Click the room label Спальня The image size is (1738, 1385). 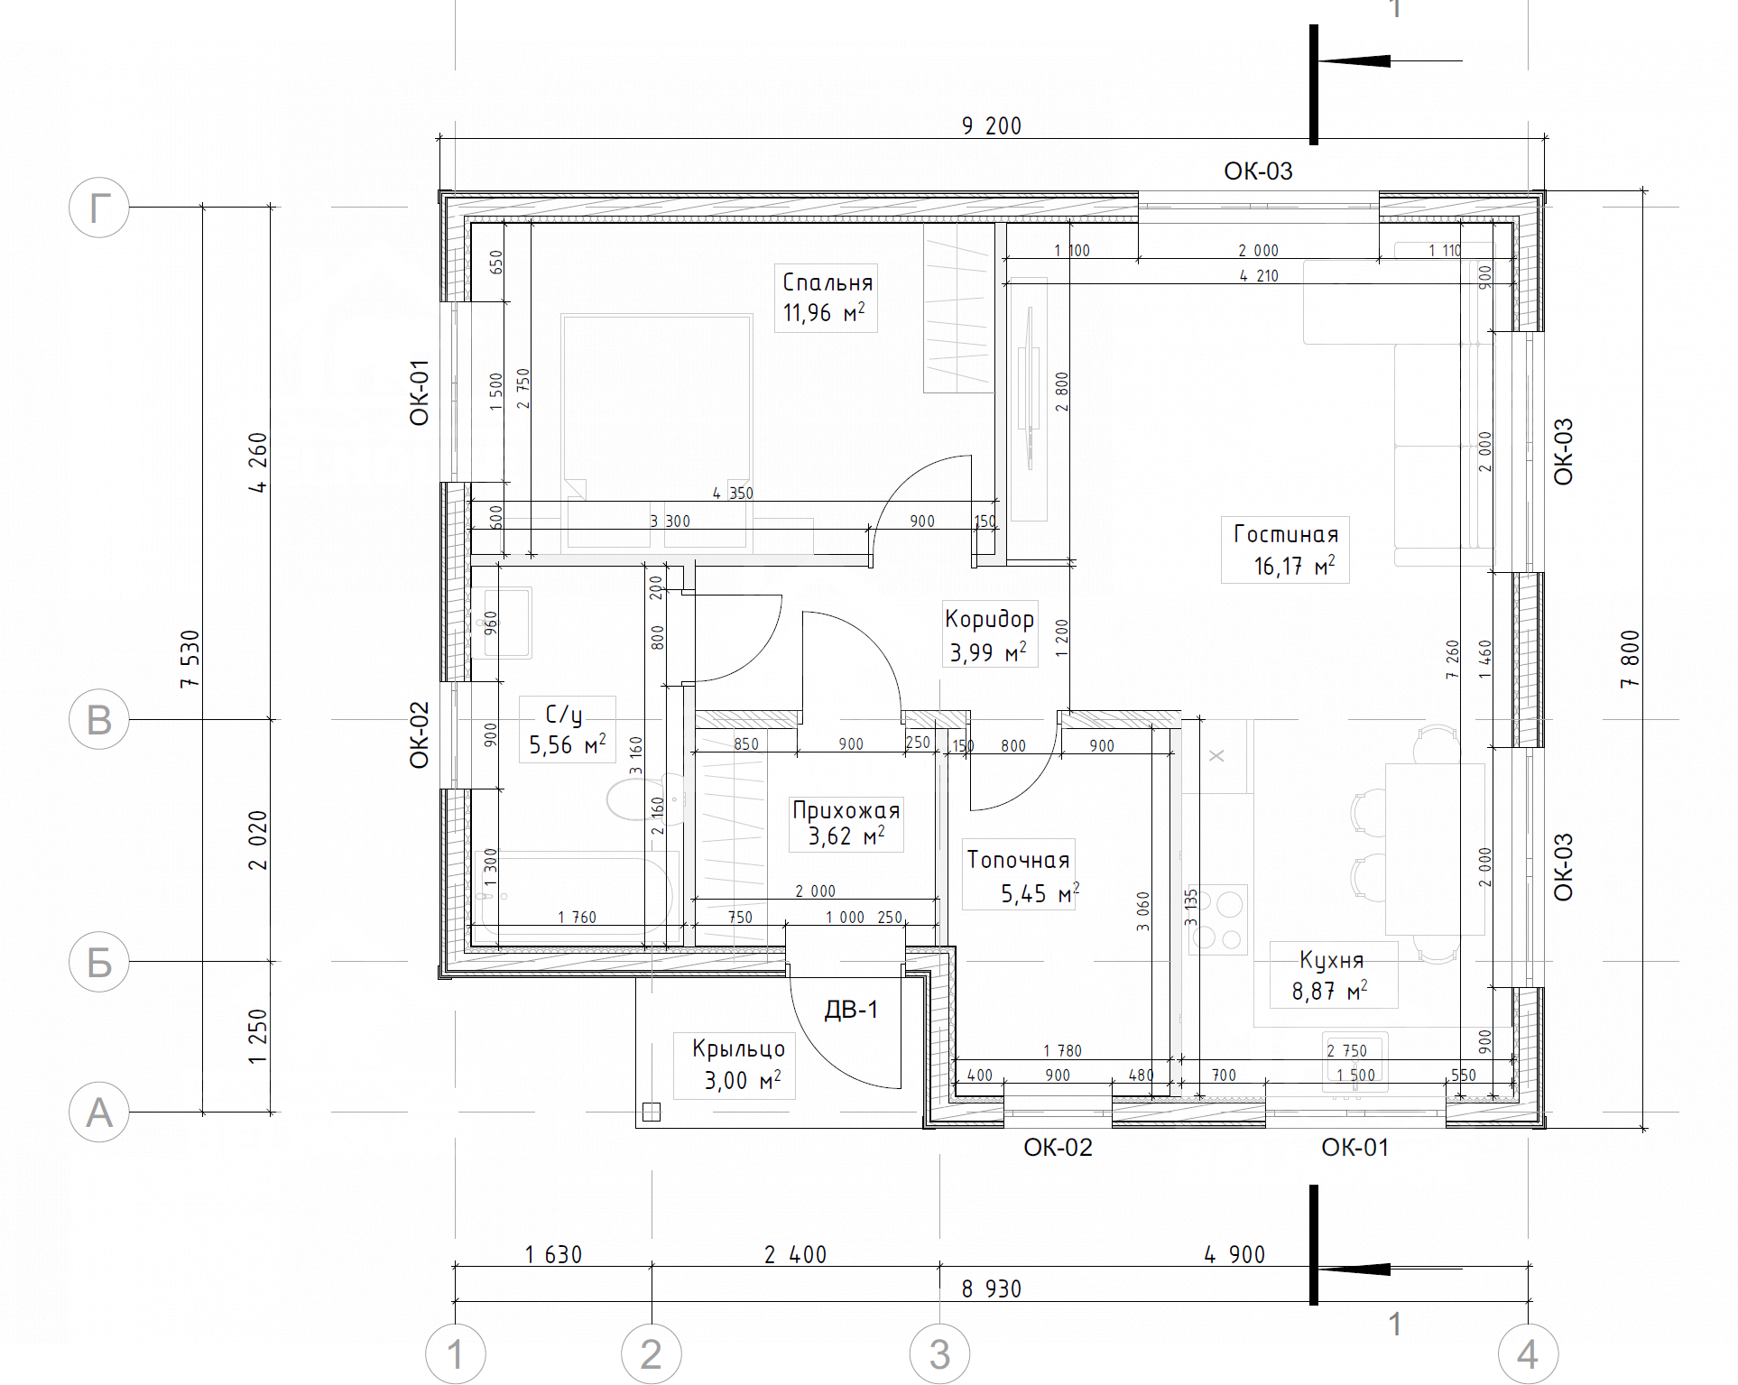click(x=827, y=282)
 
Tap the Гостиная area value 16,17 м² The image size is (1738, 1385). click(x=1294, y=566)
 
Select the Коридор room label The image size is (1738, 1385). click(x=989, y=619)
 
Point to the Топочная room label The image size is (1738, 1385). click(x=1018, y=860)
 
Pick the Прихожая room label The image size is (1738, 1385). click(x=846, y=810)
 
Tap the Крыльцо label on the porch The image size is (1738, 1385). click(x=738, y=1048)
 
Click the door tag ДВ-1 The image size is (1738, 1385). click(x=851, y=1010)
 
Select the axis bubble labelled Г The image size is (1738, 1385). click(x=99, y=208)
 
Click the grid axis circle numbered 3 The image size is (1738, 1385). click(x=939, y=1354)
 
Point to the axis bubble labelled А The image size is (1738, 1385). click(x=99, y=1113)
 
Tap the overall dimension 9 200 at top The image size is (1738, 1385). click(x=992, y=125)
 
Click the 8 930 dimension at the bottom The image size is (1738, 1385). click(x=992, y=1288)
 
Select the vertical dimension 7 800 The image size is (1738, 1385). click(x=1630, y=659)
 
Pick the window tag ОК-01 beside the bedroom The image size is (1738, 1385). click(x=420, y=392)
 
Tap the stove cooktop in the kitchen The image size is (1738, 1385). click(x=1218, y=919)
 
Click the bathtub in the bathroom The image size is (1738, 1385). click(x=576, y=898)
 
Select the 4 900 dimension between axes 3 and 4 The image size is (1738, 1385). click(x=1234, y=1254)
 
